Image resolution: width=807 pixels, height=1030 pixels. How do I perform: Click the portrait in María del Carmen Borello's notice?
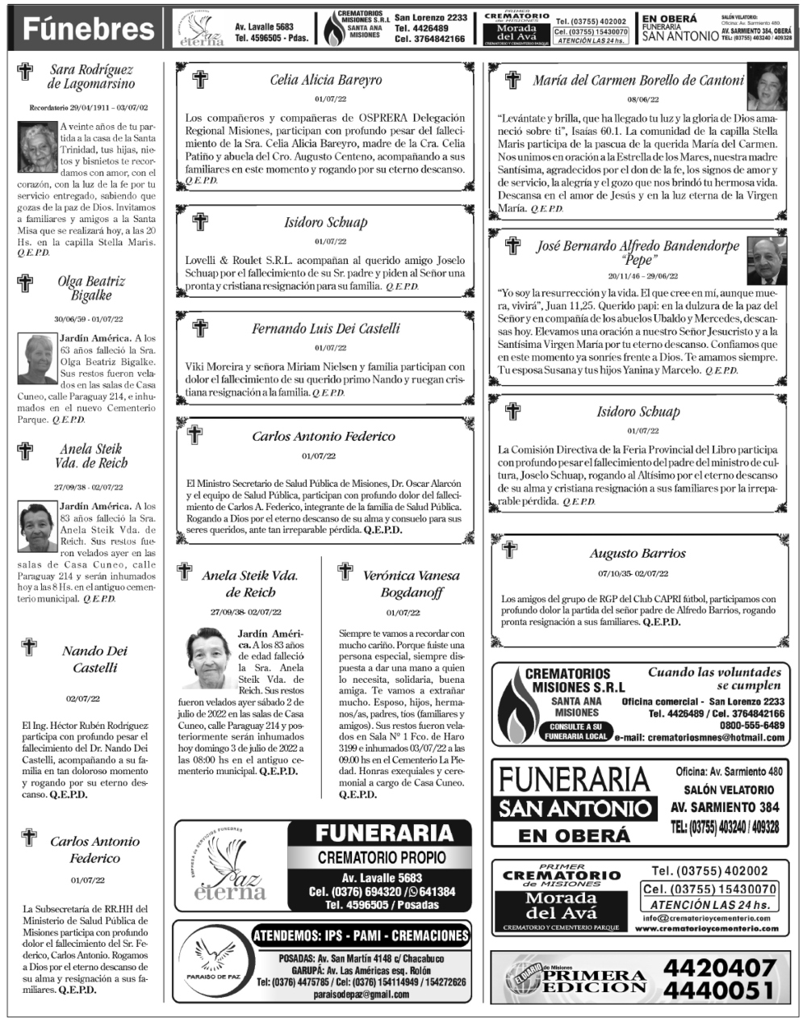coord(767,85)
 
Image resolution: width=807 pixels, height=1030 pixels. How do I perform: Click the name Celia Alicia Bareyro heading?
coord(325,80)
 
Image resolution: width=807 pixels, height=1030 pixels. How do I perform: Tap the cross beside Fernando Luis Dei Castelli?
coord(199,328)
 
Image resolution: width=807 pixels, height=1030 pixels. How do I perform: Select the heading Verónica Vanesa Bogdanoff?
coord(412,584)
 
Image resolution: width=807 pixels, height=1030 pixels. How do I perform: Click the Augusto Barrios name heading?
coord(638,554)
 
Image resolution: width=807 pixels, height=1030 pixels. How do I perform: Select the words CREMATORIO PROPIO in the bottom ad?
coord(378,857)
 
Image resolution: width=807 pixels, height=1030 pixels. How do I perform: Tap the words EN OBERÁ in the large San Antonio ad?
coord(574,835)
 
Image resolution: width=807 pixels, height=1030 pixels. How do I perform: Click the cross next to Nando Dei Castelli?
coord(29,647)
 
